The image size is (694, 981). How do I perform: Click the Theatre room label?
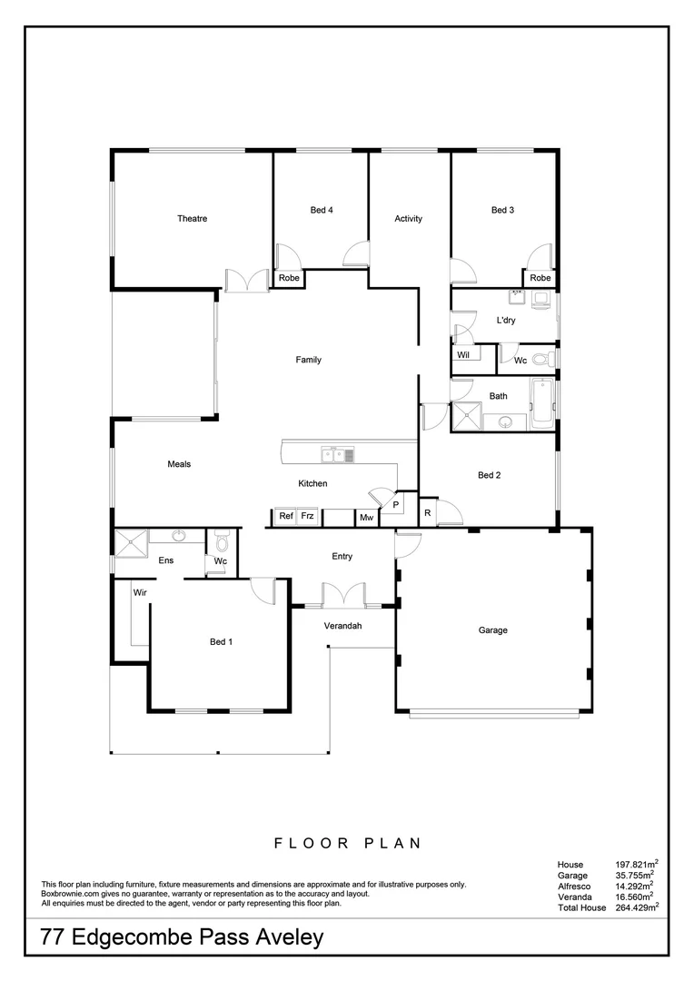click(192, 219)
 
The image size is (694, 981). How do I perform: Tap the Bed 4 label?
click(322, 211)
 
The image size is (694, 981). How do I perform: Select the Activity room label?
click(408, 219)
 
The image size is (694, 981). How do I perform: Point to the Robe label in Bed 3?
click(540, 278)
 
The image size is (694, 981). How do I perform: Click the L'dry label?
click(506, 321)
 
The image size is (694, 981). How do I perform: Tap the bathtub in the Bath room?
click(541, 405)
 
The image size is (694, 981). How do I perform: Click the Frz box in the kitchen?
click(309, 517)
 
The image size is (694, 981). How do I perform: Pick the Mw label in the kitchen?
click(366, 518)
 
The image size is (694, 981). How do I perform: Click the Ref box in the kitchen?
click(285, 517)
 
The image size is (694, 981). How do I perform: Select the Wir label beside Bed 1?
click(140, 591)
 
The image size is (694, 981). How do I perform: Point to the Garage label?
click(493, 630)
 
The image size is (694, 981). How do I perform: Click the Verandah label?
click(343, 627)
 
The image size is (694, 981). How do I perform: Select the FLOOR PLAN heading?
click(347, 843)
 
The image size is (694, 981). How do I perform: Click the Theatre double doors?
click(247, 280)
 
